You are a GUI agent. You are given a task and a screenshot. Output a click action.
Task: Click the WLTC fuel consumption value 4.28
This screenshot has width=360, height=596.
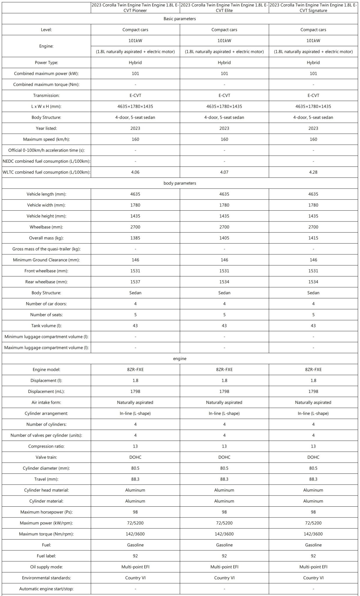point(313,172)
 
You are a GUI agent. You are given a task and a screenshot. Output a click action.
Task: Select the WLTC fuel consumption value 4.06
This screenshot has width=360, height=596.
point(135,172)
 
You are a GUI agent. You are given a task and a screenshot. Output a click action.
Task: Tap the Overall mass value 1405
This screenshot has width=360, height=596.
point(224,238)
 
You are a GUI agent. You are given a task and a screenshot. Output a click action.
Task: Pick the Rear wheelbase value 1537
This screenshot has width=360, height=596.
point(135,282)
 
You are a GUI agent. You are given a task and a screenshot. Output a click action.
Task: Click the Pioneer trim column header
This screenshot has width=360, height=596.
point(135,8)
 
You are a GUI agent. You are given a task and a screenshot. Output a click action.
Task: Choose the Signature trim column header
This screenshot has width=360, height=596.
point(313,8)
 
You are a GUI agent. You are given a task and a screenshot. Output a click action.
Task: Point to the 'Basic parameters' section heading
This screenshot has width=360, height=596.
point(180,19)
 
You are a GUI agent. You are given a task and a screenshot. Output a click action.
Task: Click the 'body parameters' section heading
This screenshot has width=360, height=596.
point(180,183)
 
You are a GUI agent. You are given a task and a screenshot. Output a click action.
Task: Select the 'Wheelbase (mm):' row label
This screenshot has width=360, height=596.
point(46,227)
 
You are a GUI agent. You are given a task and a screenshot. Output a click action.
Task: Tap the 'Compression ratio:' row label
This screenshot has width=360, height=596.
point(46,446)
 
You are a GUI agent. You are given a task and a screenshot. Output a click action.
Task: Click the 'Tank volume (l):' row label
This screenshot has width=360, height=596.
point(46,326)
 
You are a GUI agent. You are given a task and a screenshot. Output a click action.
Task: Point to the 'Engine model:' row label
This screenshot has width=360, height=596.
point(46,370)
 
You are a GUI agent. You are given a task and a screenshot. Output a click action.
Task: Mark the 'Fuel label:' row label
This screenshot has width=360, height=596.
point(46,556)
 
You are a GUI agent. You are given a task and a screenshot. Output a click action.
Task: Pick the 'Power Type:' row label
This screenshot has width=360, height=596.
point(46,63)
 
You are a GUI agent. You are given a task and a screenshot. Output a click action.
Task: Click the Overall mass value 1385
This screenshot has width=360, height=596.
point(135,238)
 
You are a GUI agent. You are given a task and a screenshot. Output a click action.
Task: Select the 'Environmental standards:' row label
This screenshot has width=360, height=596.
point(46,578)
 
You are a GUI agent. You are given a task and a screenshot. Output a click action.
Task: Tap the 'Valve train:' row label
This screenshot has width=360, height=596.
point(46,457)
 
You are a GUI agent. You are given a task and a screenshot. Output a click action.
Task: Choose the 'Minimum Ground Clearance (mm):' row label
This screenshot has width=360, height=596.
point(46,260)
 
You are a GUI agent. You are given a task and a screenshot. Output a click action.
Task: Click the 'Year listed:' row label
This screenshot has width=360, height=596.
point(46,128)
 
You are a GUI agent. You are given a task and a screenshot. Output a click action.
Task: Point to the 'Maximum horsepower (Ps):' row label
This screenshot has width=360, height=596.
point(46,512)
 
